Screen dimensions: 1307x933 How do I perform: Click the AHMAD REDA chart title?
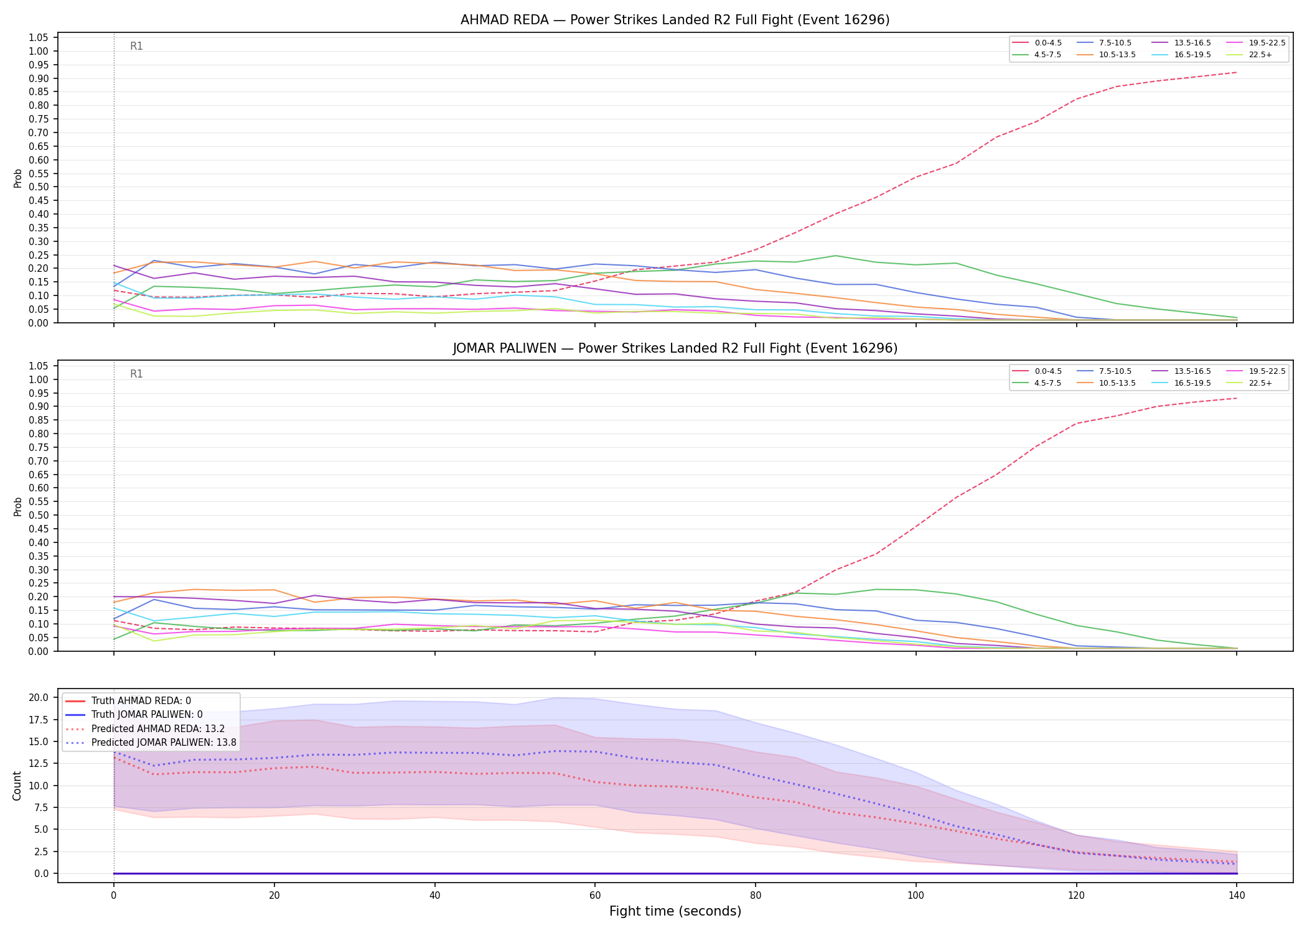point(675,20)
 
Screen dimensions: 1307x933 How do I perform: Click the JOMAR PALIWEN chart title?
point(675,348)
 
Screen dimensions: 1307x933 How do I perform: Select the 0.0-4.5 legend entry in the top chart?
point(1037,43)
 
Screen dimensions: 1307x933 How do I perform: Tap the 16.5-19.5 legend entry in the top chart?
point(1181,55)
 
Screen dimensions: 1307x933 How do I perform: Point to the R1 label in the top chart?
point(136,46)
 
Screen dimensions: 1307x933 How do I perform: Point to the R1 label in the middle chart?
point(136,374)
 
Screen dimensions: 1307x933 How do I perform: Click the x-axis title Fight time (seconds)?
point(675,911)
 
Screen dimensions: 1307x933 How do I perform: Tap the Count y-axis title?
point(17,786)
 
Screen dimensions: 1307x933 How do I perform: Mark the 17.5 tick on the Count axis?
point(39,720)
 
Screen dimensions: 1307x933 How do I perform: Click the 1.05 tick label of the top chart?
point(39,37)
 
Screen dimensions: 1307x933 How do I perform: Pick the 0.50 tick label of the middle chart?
point(39,515)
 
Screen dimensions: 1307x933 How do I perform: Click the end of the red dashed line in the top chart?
point(1237,72)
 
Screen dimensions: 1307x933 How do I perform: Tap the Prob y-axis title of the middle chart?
point(17,506)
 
